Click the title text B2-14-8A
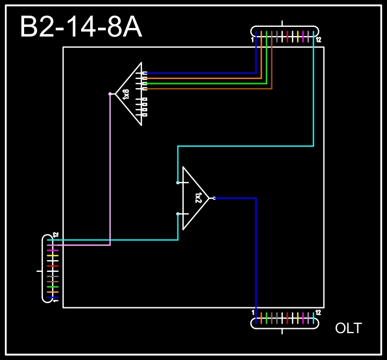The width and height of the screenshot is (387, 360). coord(81,27)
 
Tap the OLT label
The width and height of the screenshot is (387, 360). coord(348,328)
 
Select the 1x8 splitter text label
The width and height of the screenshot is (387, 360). coord(126,94)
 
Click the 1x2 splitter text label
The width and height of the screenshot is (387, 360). coord(198,198)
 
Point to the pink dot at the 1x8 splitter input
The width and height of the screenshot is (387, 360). coord(110,94)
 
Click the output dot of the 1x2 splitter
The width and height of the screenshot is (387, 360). coord(214,198)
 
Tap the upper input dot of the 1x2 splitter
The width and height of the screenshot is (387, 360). coord(178,183)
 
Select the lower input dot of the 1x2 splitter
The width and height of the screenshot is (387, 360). coord(178,214)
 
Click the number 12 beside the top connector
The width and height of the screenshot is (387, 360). coord(318,40)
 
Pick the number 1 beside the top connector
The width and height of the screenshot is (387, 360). coord(252,40)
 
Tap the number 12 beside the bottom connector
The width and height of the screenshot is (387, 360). coord(318,312)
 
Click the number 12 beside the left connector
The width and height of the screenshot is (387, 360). coord(55,235)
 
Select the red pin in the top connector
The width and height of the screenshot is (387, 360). coord(288,36)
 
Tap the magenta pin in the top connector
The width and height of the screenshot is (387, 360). coord(303,36)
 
